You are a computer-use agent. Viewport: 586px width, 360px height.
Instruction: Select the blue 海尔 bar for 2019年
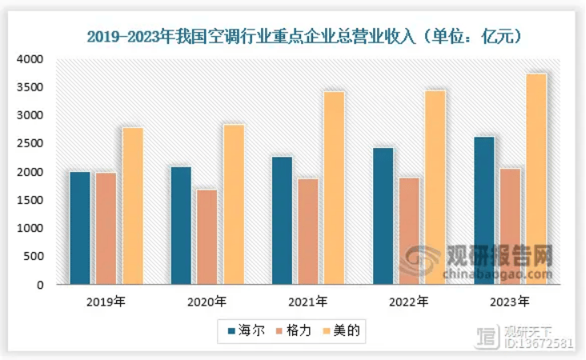pyautogui.click(x=79, y=228)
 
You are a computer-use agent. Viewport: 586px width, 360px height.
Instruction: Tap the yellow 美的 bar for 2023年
pyautogui.click(x=536, y=179)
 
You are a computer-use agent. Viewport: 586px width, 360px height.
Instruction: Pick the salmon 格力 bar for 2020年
pyautogui.click(x=207, y=237)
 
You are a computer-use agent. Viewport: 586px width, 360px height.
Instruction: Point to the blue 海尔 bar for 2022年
pyautogui.click(x=383, y=216)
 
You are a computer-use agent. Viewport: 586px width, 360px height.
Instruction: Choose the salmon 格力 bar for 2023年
pyautogui.click(x=510, y=226)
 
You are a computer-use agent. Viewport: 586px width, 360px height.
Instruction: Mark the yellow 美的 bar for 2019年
pyautogui.click(x=132, y=206)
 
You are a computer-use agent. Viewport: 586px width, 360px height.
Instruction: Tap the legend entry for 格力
pyautogui.click(x=293, y=330)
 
